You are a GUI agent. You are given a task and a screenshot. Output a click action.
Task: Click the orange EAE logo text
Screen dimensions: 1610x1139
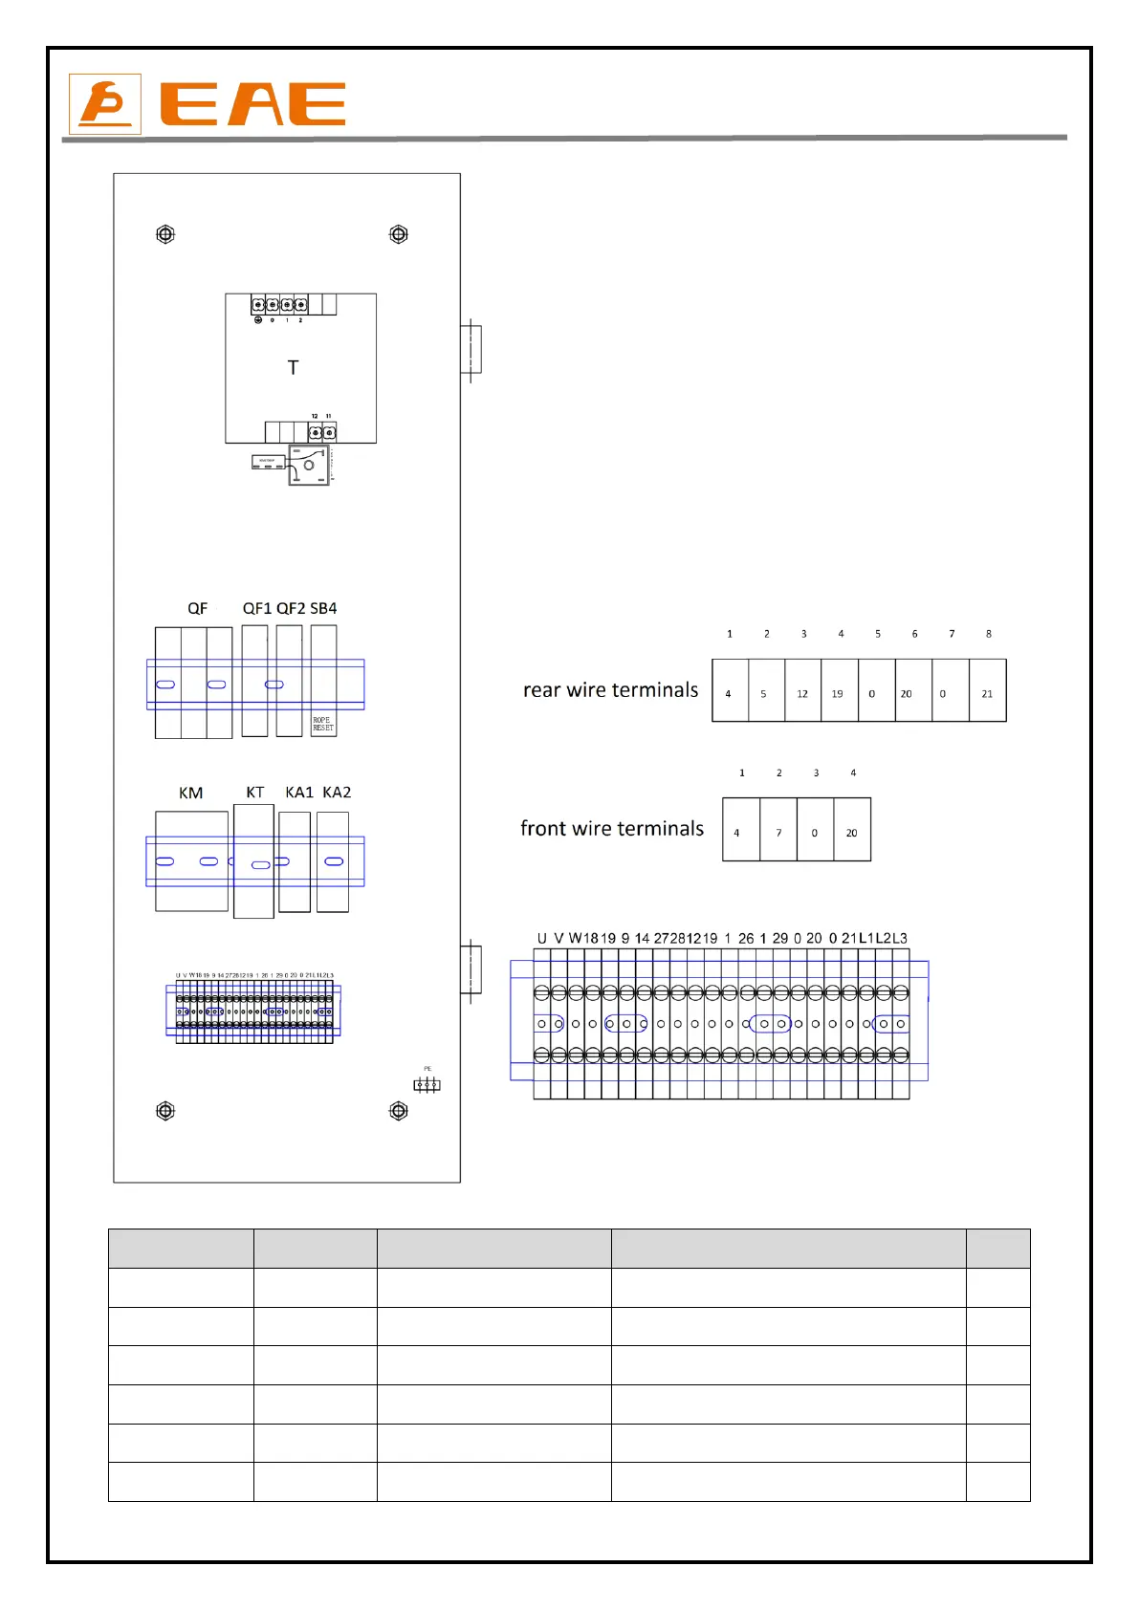point(252,104)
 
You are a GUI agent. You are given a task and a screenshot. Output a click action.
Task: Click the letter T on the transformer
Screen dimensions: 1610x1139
point(293,367)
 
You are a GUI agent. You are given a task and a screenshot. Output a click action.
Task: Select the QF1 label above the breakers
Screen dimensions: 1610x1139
point(256,608)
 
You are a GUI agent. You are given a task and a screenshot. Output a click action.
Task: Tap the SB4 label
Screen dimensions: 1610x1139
point(323,608)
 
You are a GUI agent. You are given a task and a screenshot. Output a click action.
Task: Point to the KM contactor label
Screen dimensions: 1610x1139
point(190,793)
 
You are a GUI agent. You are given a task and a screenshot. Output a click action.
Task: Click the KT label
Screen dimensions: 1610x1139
point(254,793)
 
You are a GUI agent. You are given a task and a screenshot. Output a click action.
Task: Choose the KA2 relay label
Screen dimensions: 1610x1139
point(337,793)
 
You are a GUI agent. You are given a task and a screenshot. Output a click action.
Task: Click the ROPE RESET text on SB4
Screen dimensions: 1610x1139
point(323,725)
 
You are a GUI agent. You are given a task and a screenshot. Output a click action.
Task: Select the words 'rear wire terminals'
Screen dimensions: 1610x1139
point(610,690)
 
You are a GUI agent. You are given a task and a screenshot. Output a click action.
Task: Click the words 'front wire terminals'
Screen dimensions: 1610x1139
point(612,829)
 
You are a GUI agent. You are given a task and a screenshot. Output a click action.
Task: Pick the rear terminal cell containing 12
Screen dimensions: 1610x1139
point(802,691)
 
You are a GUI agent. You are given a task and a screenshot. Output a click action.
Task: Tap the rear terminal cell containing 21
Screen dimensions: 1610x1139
point(988,691)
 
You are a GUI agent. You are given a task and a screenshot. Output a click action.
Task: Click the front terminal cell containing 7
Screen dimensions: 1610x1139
point(778,831)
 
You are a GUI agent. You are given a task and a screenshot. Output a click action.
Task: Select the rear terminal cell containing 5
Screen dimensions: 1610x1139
point(765,691)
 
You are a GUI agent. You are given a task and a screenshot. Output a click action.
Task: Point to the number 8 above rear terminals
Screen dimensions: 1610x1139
point(989,634)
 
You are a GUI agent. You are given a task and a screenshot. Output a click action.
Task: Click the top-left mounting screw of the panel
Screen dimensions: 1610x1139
point(165,234)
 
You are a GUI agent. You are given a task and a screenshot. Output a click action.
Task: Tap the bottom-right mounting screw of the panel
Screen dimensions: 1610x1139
point(399,1111)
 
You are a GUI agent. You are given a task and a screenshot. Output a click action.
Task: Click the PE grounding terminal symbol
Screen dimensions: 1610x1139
point(427,1084)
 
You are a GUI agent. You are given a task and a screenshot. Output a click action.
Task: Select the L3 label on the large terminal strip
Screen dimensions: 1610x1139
point(899,938)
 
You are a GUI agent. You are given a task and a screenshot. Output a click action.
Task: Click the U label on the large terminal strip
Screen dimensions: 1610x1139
point(541,938)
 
